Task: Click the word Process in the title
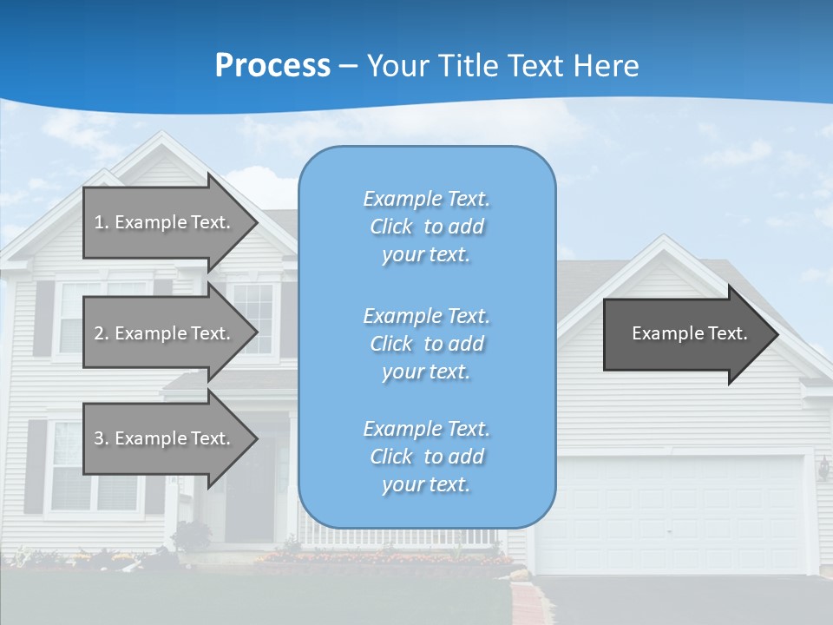(272, 66)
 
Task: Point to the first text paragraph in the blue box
(426, 227)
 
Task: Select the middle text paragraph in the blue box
(426, 344)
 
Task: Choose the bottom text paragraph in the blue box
(426, 457)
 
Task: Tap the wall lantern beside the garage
(823, 469)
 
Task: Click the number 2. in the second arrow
(101, 333)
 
